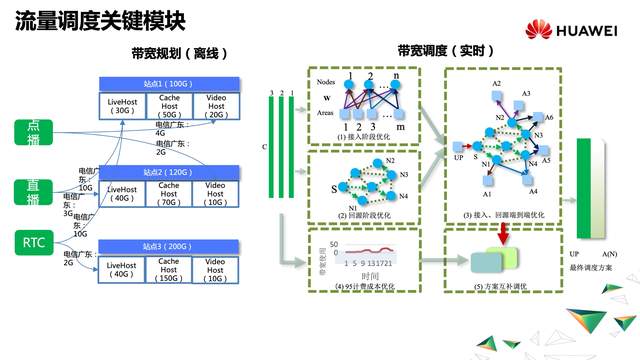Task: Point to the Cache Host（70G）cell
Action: coord(167,196)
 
